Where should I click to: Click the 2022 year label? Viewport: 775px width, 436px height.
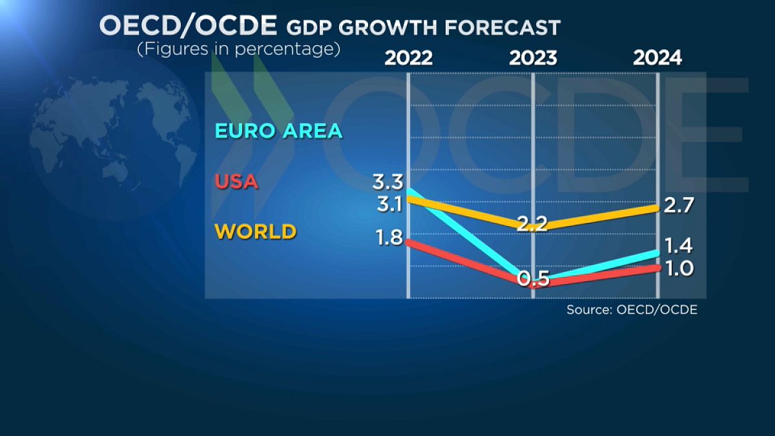pyautogui.click(x=408, y=58)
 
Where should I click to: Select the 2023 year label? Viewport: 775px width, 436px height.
pyautogui.click(x=533, y=58)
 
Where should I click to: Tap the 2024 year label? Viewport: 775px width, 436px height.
pyautogui.click(x=657, y=58)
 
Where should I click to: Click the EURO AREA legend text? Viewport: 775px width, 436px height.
pyautogui.click(x=278, y=131)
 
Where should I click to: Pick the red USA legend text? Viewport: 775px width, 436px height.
pyautogui.click(x=236, y=182)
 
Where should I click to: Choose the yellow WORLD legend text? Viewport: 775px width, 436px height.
pyautogui.click(x=255, y=231)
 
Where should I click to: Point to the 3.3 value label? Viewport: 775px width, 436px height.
pyautogui.click(x=387, y=181)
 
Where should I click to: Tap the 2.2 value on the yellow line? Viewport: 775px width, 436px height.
pyautogui.click(x=533, y=224)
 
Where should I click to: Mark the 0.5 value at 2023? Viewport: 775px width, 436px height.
pyautogui.click(x=533, y=279)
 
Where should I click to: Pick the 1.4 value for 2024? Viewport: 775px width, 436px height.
pyautogui.click(x=679, y=245)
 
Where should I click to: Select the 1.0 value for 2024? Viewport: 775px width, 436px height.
pyautogui.click(x=679, y=267)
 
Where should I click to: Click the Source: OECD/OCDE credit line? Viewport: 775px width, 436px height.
pyautogui.click(x=632, y=310)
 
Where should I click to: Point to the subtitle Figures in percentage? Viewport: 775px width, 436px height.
pyautogui.click(x=238, y=49)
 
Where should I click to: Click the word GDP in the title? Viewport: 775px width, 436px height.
pyautogui.click(x=306, y=27)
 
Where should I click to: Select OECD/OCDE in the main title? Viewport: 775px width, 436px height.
pyautogui.click(x=187, y=26)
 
